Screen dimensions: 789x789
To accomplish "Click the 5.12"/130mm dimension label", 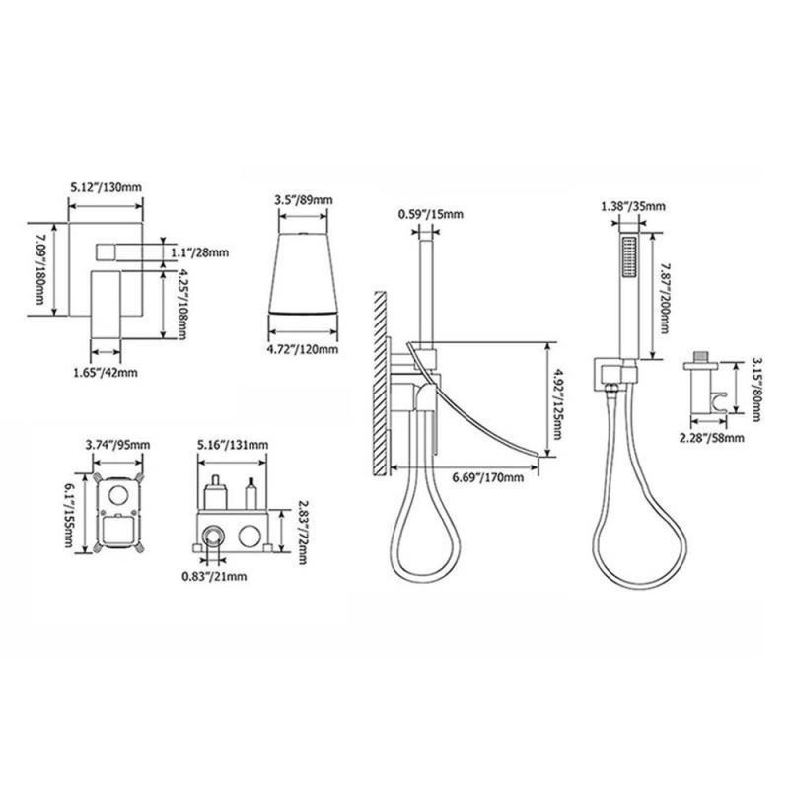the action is (107, 187).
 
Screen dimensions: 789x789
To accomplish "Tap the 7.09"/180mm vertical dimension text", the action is (39, 269).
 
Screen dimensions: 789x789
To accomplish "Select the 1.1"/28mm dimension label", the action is (200, 252).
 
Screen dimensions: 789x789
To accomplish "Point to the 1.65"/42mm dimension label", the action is (106, 373).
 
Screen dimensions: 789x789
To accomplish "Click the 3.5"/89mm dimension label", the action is (304, 200).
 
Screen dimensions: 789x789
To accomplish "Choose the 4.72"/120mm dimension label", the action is (303, 349).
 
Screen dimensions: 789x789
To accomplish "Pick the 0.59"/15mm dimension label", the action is (431, 214).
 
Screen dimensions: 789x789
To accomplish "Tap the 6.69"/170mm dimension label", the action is (487, 477).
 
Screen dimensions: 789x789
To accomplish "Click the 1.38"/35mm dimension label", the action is (633, 206).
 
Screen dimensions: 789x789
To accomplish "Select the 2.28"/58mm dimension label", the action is (711, 438).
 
